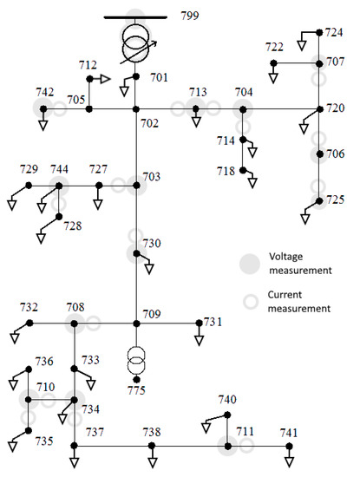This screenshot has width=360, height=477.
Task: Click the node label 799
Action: click(189, 17)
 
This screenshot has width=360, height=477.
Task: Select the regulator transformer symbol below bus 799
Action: click(136, 45)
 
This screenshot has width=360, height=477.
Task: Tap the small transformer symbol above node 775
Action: click(136, 356)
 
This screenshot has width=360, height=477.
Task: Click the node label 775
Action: click(136, 390)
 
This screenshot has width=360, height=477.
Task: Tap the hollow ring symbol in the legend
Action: click(252, 302)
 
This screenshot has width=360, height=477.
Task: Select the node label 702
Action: click(150, 123)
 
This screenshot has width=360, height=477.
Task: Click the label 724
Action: click(335, 32)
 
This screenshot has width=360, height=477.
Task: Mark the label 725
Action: click(335, 200)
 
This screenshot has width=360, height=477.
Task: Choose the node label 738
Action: click(152, 432)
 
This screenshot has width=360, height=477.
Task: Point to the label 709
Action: click(152, 314)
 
